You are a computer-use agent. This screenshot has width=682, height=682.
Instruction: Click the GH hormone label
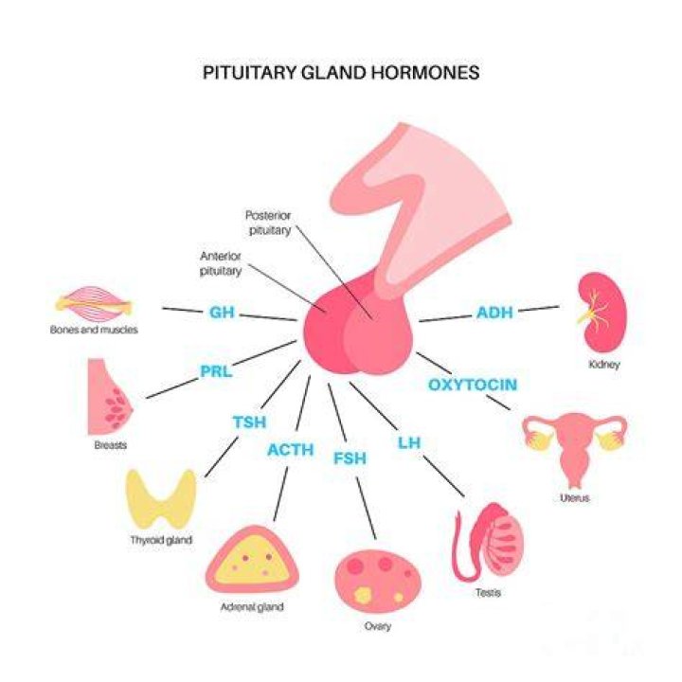222,312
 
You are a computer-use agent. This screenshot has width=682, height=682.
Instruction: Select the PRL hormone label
216,371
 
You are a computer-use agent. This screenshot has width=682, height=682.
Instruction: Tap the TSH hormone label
249,422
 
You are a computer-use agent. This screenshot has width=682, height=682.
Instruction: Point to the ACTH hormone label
291,449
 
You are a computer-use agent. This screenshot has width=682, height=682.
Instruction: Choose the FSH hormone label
350,458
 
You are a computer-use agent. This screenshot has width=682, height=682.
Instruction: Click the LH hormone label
409,442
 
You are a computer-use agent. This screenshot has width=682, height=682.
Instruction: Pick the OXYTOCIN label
473,385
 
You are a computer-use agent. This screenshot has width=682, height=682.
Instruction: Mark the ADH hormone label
494,313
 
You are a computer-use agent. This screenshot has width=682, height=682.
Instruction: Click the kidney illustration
602,312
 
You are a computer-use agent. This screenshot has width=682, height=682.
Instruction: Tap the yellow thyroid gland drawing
161,499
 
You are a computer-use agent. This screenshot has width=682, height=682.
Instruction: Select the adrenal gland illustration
252,560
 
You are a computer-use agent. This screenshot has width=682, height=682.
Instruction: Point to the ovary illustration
378,581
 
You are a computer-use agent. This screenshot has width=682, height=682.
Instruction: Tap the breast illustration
110,397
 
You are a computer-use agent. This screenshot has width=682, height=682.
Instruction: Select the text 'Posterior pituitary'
268,223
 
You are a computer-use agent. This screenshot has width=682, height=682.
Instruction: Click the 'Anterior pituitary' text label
221,263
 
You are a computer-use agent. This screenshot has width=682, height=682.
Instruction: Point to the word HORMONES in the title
425,72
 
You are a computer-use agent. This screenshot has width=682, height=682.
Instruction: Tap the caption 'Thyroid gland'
161,540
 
